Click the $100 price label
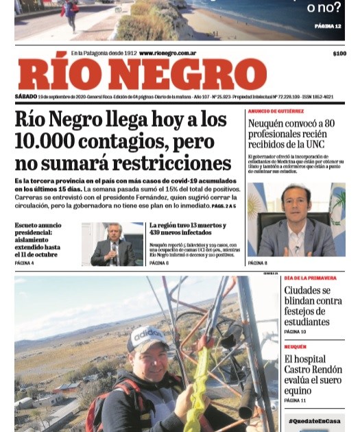click(339, 53)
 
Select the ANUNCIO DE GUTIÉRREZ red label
click(276, 111)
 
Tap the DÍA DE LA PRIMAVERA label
click(310, 278)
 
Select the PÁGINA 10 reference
click(296, 332)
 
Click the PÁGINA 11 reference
click(296, 400)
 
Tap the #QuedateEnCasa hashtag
click(314, 421)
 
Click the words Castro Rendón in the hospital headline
click(312, 370)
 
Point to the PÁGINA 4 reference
click(24, 263)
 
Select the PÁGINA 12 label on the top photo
click(328, 25)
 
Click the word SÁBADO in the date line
click(25, 97)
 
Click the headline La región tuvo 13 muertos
click(187, 226)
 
